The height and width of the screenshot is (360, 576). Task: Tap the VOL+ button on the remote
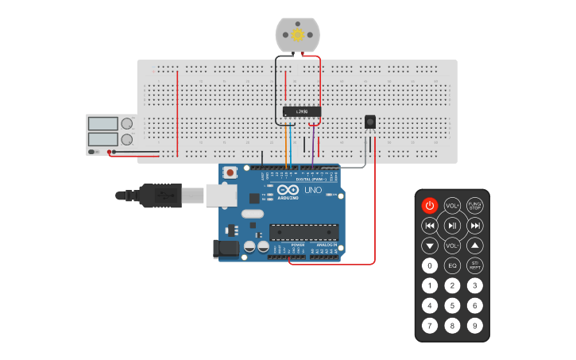pos(452,206)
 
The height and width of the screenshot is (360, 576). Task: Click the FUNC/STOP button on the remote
pos(475,206)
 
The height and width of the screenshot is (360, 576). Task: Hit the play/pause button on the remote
pos(452,226)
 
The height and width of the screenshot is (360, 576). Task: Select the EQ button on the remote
pos(452,266)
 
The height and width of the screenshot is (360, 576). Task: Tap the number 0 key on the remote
pos(430,266)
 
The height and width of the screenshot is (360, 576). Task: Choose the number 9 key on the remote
pos(475,325)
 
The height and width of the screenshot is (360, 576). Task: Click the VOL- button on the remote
pos(452,246)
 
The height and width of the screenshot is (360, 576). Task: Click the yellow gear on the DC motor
pos(298,34)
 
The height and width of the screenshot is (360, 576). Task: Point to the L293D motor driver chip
pos(302,112)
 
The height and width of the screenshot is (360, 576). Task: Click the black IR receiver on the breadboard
pos(370,122)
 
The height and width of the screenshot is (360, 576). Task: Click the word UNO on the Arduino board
pos(313,191)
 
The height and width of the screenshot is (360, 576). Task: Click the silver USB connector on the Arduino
pos(222,195)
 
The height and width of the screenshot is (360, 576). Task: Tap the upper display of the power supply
pos(102,124)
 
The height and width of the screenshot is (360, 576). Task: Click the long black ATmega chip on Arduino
pos(304,232)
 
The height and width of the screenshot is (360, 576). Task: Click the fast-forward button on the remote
pos(475,226)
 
